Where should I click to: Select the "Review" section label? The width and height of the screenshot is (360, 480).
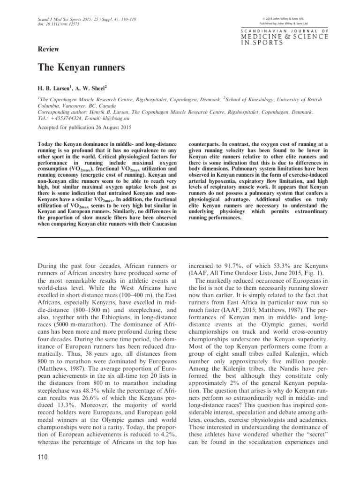pyautogui.click(x=47, y=48)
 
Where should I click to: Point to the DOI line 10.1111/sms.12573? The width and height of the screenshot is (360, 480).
pyautogui.click(x=56, y=24)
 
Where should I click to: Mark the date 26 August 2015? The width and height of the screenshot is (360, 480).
pyautogui.click(x=111, y=127)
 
